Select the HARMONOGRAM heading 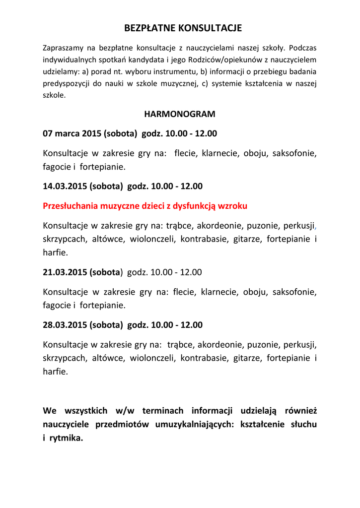180,114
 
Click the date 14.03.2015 65,187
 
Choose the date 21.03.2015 65,272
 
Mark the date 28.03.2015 65,325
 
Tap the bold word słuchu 303,425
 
